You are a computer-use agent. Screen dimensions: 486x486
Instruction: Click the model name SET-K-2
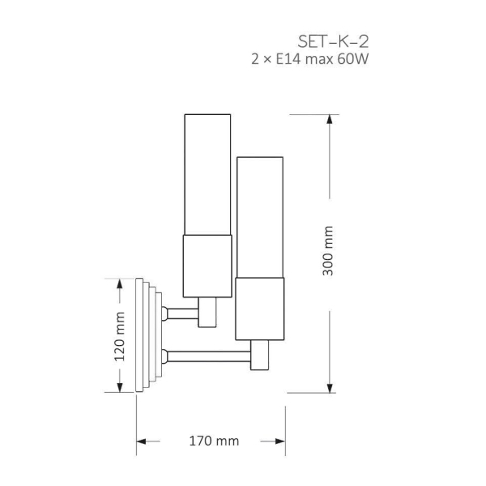point(333,41)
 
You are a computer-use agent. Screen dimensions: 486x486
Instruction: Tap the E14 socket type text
point(288,59)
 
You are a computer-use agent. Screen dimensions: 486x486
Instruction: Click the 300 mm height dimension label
point(327,251)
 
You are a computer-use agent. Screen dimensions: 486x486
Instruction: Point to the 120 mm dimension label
point(120,337)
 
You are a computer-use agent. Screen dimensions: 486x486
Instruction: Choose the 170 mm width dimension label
point(214,441)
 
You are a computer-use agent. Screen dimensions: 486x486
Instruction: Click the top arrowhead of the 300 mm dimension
point(330,119)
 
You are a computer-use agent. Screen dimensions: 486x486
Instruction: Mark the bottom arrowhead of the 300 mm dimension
point(330,388)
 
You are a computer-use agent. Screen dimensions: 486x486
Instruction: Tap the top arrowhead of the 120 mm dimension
point(120,283)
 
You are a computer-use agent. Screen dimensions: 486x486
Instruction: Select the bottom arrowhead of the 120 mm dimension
point(120,387)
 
